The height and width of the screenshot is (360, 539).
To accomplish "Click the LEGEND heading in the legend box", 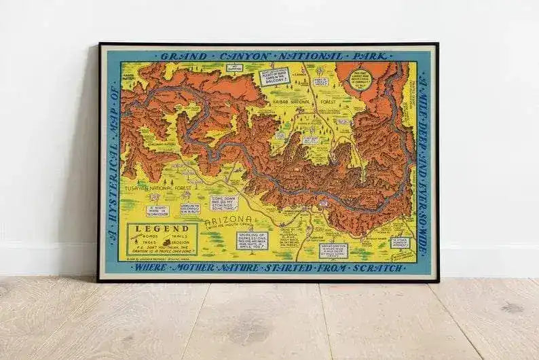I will [153, 229].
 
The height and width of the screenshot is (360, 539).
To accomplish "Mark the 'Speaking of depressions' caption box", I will [252, 240].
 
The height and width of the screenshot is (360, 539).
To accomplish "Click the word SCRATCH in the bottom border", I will [381, 268].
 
